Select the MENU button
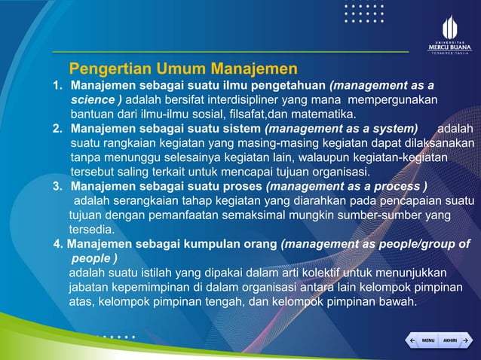pyautogui.click(x=427, y=341)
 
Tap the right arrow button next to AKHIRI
pyautogui.click(x=467, y=341)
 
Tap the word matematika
pyautogui.click(x=322, y=114)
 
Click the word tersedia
pyautogui.click(x=91, y=229)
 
